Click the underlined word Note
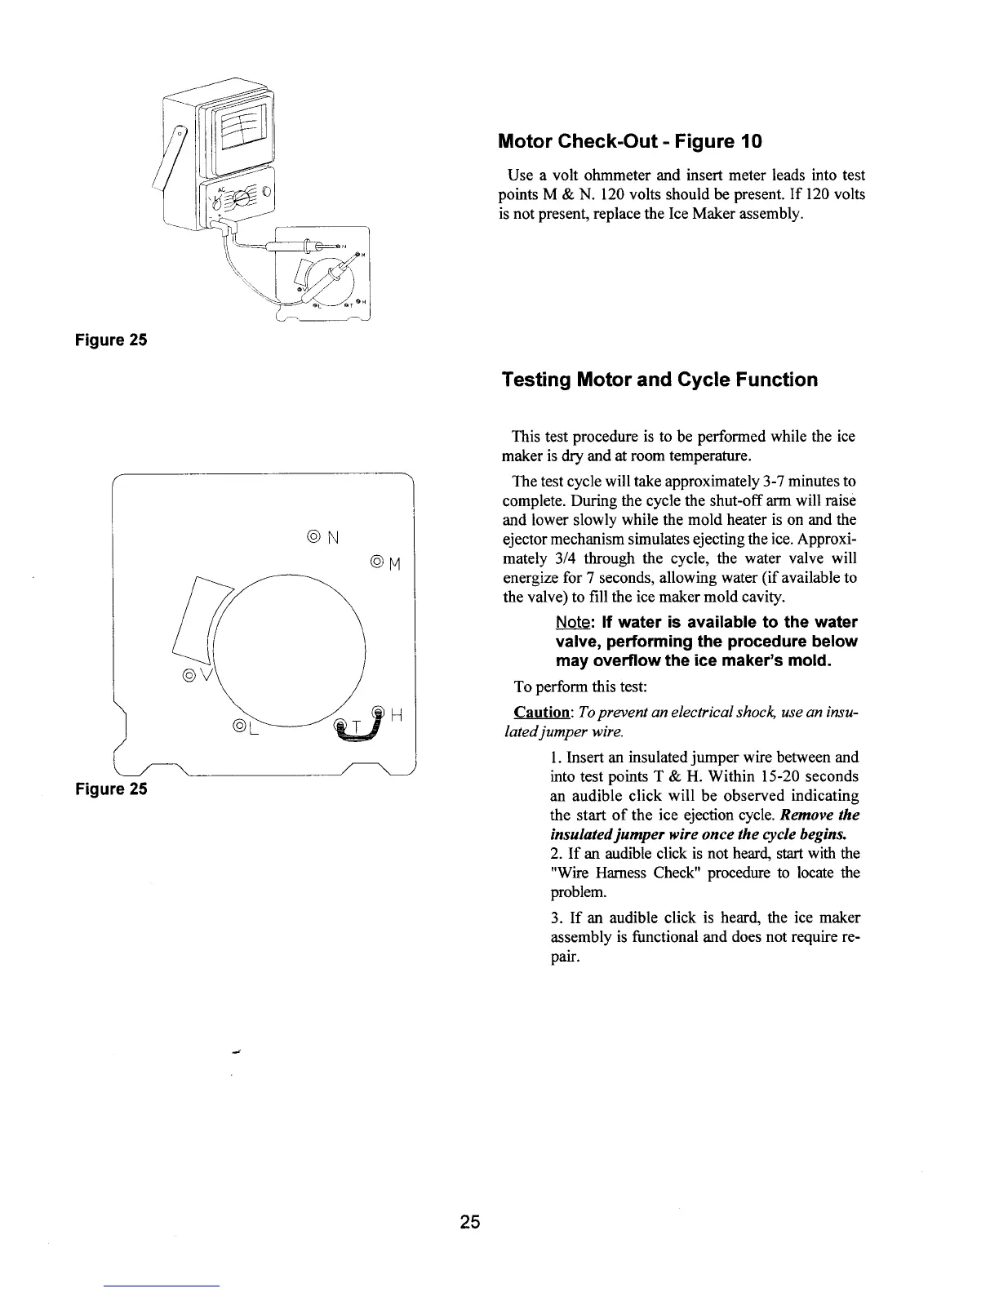point(573,622)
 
